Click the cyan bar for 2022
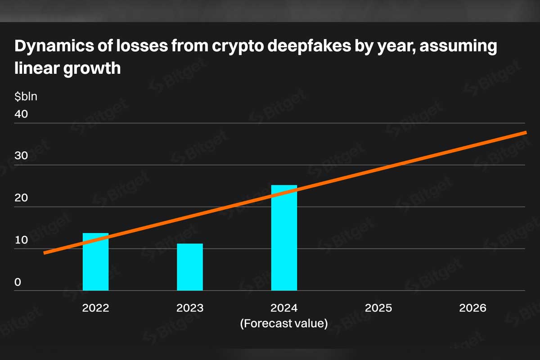96,261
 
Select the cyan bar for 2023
190,267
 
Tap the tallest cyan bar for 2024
284,238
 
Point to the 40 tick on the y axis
21,114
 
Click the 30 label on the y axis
21,156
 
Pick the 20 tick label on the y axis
21,198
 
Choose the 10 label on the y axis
21,240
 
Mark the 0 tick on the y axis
18,282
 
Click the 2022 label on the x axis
96,308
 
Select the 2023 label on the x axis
190,308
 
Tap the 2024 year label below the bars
284,308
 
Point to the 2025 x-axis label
378,308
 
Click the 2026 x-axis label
473,308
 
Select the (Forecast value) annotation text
284,324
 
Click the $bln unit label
26,96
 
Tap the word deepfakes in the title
309,46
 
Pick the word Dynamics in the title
54,46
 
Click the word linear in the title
37,68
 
